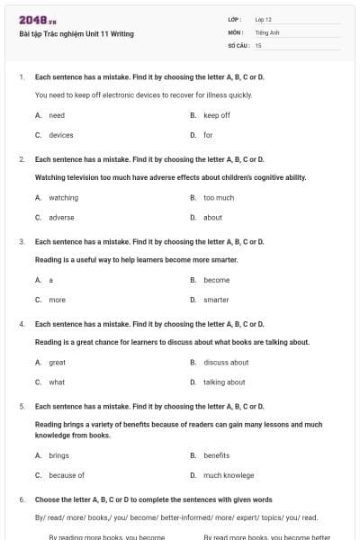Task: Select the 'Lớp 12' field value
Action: point(264,19)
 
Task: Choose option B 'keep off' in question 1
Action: point(216,115)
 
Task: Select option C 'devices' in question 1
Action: point(60,135)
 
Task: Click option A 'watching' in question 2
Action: point(63,197)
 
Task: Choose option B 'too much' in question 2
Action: point(219,197)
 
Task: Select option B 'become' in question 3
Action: point(216,280)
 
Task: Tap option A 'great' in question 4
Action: point(57,362)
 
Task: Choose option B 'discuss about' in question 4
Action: point(226,362)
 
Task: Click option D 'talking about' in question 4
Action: point(224,382)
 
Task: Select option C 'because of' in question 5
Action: point(66,475)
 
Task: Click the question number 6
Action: point(21,499)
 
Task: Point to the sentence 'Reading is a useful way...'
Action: point(136,259)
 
